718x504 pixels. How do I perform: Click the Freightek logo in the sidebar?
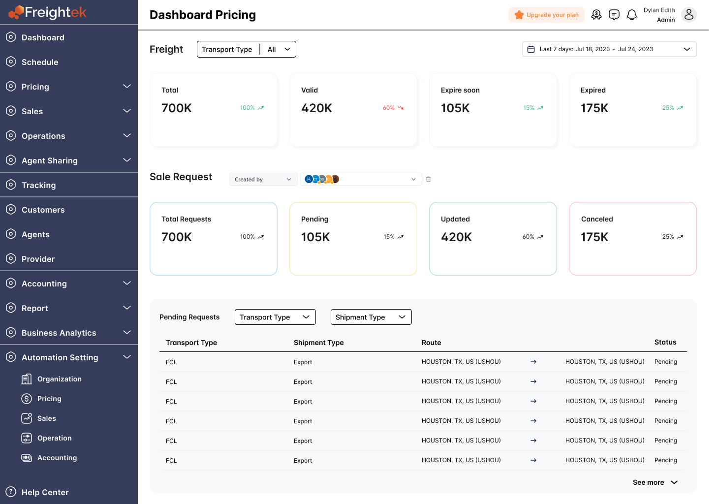coord(48,12)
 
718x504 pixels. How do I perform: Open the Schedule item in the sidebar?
coord(40,62)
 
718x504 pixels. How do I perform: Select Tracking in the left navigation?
coord(38,185)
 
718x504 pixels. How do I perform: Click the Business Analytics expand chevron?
coord(127,332)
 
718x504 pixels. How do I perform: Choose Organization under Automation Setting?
coord(59,379)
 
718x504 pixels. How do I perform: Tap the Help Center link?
coord(45,492)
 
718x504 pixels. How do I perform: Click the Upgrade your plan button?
coord(546,15)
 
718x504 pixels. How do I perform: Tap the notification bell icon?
coord(632,15)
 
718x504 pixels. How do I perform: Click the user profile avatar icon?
coord(689,15)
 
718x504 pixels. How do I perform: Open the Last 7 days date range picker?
coord(609,49)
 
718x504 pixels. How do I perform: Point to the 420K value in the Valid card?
coord(316,108)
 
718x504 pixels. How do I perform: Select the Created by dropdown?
coord(263,179)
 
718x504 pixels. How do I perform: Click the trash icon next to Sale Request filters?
coord(428,179)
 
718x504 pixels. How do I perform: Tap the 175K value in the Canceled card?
coord(594,237)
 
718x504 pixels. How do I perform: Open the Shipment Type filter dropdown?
coord(371,317)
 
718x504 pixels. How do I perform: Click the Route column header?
coord(431,343)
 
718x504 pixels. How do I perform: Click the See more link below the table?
coord(655,482)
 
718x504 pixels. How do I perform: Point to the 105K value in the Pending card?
coord(315,237)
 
